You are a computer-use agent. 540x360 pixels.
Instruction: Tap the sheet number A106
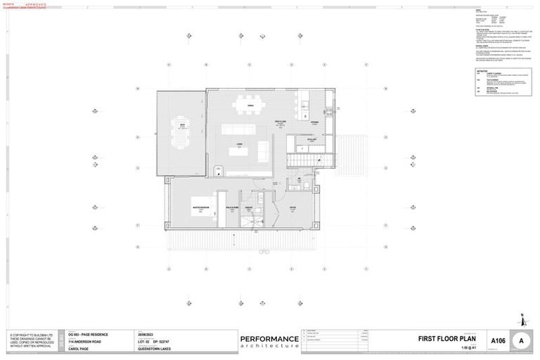pyautogui.click(x=498, y=341)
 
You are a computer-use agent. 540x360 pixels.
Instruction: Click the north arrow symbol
pyautogui.click(x=520, y=320)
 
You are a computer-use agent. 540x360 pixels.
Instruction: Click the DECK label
pyautogui.click(x=181, y=124)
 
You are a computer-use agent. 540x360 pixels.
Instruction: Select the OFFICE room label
pyautogui.click(x=292, y=207)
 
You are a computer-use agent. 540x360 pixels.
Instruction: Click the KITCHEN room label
pyautogui.click(x=315, y=122)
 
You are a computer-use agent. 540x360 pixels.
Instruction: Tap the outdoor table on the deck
pyautogui.click(x=181, y=134)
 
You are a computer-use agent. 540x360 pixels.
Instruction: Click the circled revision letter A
pyautogui.click(x=521, y=340)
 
